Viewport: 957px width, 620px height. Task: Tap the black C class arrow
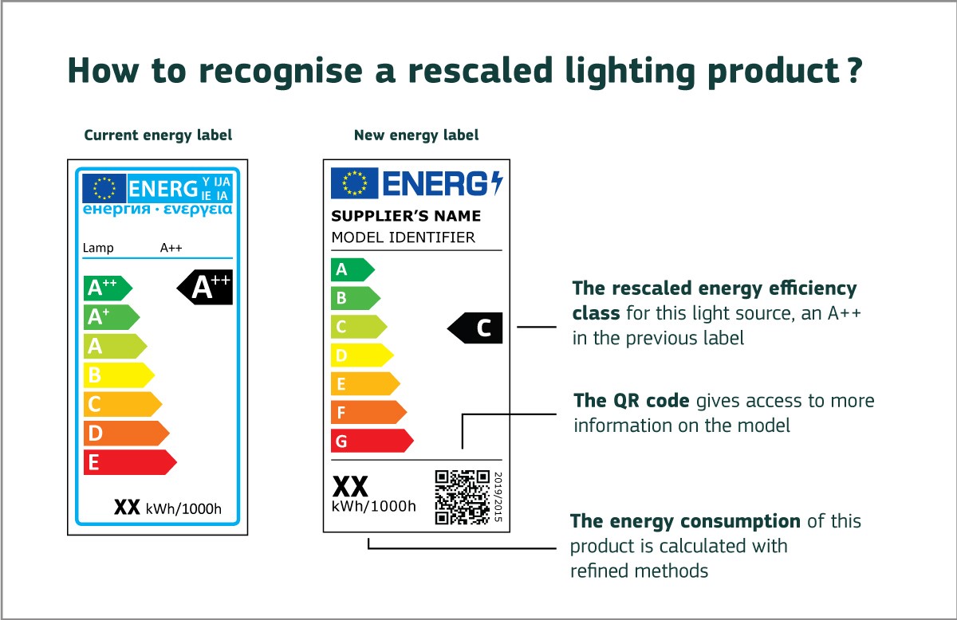click(x=477, y=328)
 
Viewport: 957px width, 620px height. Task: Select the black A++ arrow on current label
click(x=206, y=287)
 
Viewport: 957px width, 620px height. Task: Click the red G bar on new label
click(x=370, y=441)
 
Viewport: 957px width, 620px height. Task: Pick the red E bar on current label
click(x=128, y=462)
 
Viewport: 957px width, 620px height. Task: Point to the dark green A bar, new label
click(x=351, y=269)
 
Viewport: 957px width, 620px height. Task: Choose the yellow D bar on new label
click(x=360, y=355)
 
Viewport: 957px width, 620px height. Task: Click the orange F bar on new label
click(x=367, y=412)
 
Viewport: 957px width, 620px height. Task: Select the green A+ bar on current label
click(x=110, y=317)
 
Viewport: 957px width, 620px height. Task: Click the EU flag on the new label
click(x=354, y=183)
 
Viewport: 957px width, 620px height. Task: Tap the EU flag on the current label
click(x=104, y=188)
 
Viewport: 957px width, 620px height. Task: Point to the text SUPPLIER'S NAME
click(x=406, y=216)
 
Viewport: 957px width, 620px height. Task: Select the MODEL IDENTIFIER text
click(x=403, y=237)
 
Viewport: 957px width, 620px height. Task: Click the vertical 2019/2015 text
click(x=498, y=496)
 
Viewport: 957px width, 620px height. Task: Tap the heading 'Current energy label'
click(x=158, y=135)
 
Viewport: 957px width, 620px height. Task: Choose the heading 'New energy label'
click(x=416, y=135)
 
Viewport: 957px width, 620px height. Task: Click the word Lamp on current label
click(x=98, y=248)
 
